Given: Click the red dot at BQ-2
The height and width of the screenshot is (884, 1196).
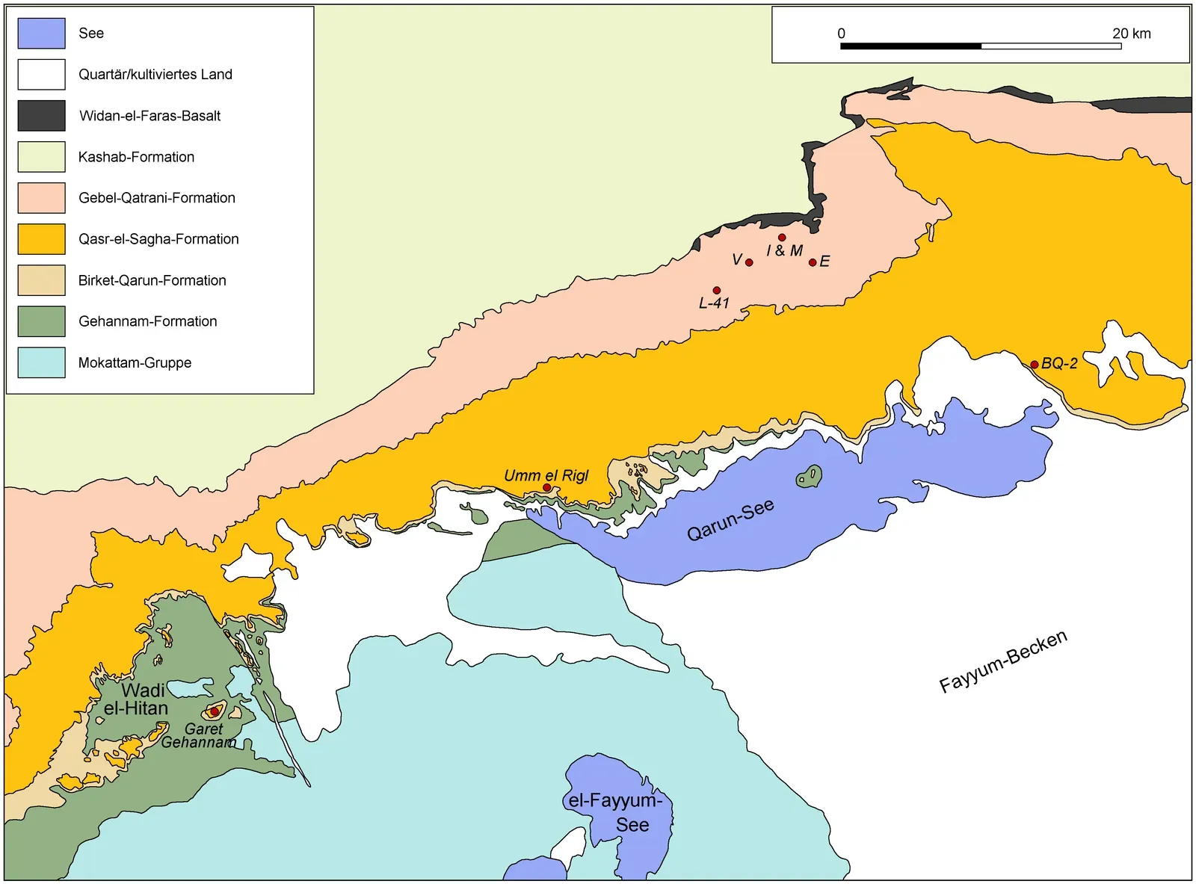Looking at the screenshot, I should point(1034,365).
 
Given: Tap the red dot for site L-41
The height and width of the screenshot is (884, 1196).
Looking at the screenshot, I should point(716,290).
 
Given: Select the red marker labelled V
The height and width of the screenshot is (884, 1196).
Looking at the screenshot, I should point(749,262).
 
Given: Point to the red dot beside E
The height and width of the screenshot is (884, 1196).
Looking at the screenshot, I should point(813,262).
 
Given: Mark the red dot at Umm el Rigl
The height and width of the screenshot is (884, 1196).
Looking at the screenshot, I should point(546,487).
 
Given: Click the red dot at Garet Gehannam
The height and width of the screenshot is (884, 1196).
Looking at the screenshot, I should point(215,711).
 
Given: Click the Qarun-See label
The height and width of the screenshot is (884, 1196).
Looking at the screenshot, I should point(730,520).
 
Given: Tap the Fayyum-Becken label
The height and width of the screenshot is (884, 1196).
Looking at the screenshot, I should point(1002,661).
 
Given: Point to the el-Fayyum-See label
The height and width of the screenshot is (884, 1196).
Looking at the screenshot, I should point(616,812).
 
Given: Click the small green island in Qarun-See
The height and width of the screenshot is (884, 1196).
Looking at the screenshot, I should point(809,476).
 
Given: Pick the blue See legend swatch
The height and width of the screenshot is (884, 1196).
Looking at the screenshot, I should point(41,33).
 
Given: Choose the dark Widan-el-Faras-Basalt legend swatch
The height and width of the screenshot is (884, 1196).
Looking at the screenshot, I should point(41,116).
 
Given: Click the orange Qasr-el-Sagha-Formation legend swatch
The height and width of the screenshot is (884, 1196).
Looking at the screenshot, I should point(41,239).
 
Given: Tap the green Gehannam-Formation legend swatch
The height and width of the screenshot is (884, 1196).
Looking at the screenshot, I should point(41,321).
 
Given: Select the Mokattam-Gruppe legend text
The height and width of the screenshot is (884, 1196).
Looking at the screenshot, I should point(135,362).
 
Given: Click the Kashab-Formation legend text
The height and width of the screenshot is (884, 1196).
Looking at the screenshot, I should point(136,157).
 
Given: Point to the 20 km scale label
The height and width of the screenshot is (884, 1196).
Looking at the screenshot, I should point(1131,33).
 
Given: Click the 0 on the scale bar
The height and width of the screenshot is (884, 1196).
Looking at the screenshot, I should point(841,33).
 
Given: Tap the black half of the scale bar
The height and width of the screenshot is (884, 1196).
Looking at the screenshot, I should point(910,46).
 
